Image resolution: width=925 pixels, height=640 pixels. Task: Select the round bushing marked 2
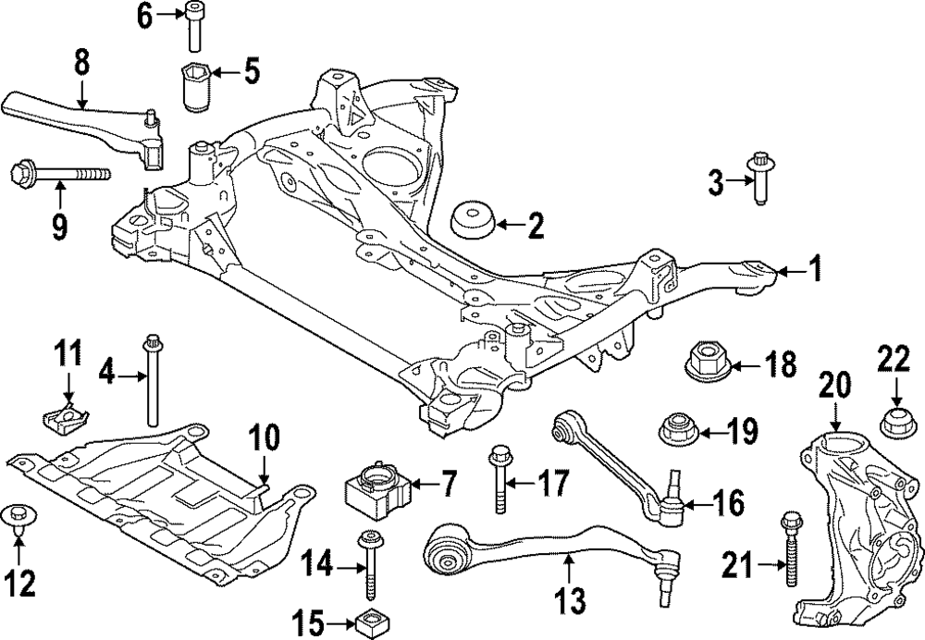[x=473, y=223]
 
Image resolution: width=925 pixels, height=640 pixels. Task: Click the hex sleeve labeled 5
[x=196, y=87]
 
